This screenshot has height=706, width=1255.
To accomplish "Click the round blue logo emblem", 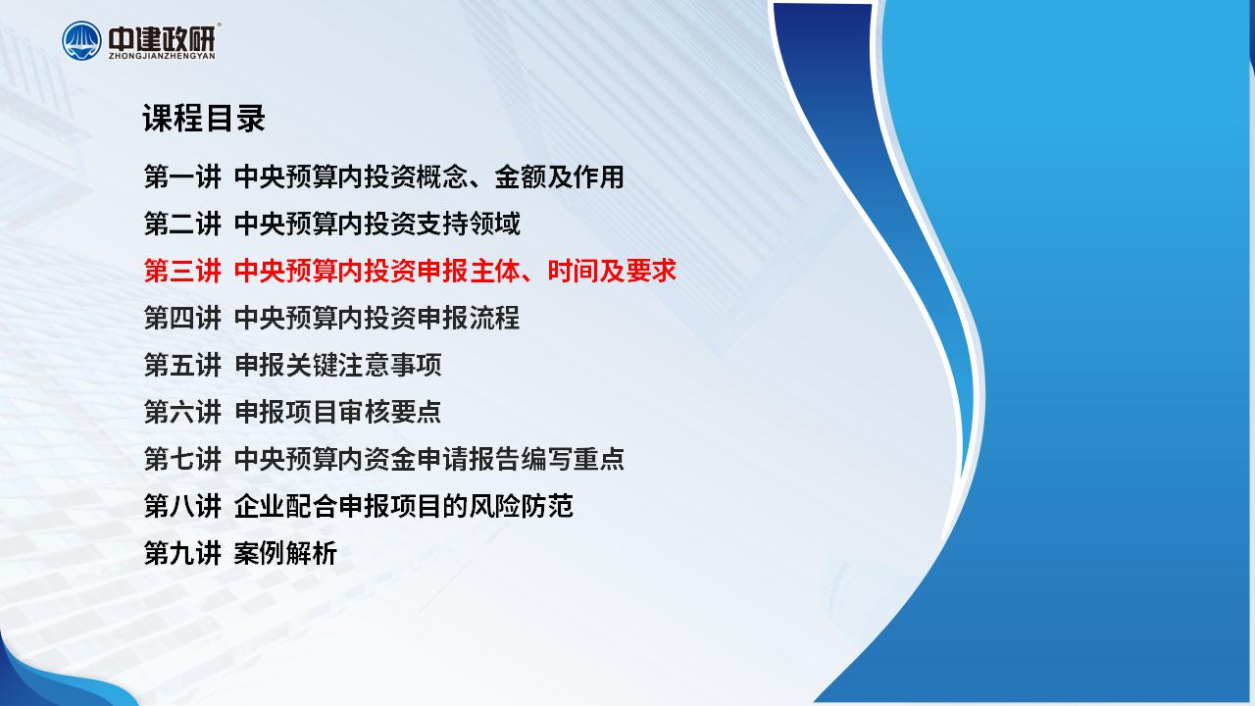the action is (x=81, y=41).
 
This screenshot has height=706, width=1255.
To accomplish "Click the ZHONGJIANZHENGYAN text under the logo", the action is (x=162, y=56).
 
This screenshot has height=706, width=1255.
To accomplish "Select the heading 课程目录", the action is (x=203, y=119).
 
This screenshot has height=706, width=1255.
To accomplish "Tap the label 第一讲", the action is (x=182, y=177).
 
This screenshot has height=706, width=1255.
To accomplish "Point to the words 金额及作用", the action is (x=559, y=177).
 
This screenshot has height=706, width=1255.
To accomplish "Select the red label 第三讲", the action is (x=182, y=272).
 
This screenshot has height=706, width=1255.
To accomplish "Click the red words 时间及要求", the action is (x=612, y=272).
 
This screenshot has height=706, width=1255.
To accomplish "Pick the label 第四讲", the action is (x=182, y=319).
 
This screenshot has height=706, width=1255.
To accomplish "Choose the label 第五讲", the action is (x=182, y=366).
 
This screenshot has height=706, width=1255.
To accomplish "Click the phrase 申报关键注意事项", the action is (x=338, y=366).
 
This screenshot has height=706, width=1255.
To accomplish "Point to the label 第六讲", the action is (x=182, y=413).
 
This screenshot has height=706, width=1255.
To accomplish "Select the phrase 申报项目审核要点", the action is (x=338, y=413).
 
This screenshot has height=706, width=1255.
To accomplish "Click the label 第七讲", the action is (x=182, y=460).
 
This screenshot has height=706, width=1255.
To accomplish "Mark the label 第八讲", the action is (x=182, y=507).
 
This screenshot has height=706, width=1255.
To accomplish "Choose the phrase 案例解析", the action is (x=285, y=554).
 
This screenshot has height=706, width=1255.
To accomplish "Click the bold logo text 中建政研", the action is (x=162, y=38).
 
